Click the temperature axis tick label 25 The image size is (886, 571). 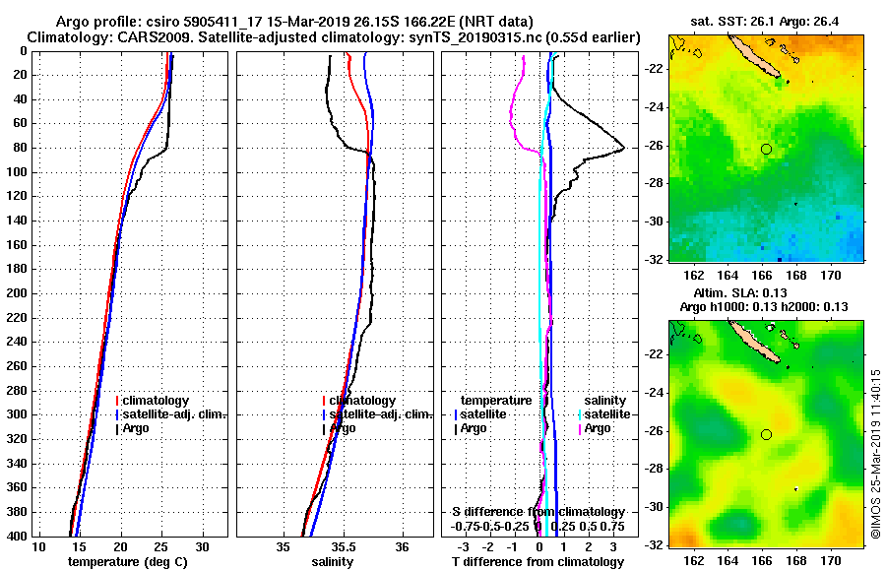[161, 546]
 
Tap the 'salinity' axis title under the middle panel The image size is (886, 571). [332, 561]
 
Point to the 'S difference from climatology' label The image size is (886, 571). [538, 512]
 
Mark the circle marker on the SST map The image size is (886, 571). [766, 149]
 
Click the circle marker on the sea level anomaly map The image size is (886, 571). [766, 434]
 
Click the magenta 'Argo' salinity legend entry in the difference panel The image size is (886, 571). [598, 428]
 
